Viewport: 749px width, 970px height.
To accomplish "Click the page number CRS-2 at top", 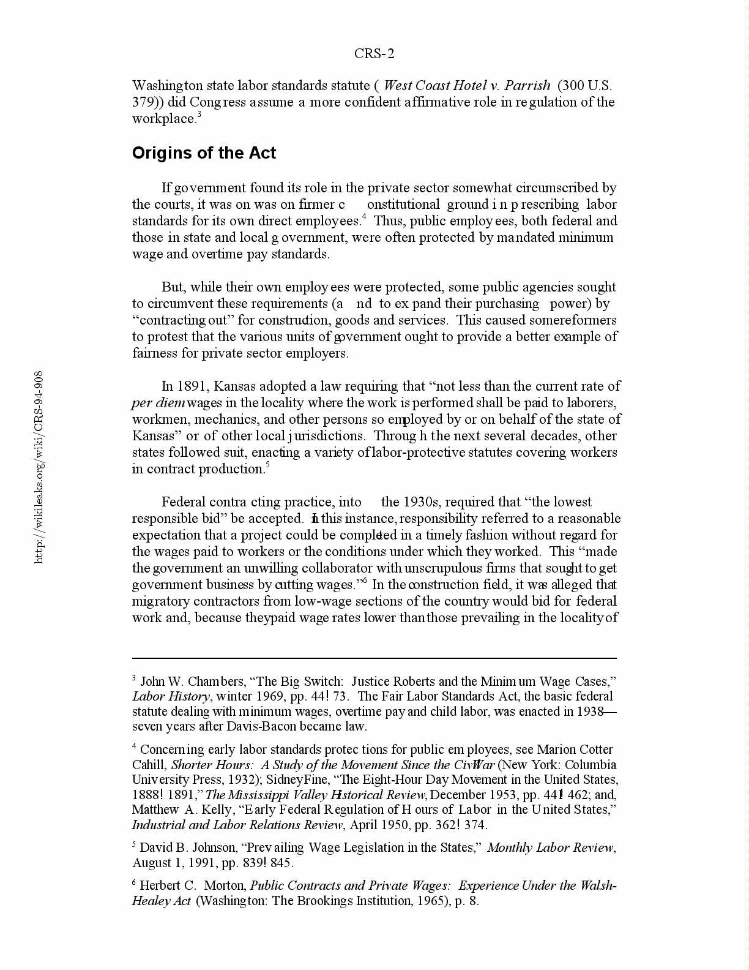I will point(374,54).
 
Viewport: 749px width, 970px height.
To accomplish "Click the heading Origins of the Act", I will point(204,153).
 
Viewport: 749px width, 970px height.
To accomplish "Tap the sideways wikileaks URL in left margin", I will point(39,467).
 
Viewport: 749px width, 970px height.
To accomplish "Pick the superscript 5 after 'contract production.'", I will point(267,465).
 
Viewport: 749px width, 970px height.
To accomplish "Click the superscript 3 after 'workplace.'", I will point(199,115).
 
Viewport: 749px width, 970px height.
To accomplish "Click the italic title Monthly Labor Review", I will point(550,848).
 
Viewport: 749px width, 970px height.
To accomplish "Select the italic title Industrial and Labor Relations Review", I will point(237,825).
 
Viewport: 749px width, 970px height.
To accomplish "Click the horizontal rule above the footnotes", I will point(374,658).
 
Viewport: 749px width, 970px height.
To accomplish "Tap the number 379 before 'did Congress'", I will point(142,102).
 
